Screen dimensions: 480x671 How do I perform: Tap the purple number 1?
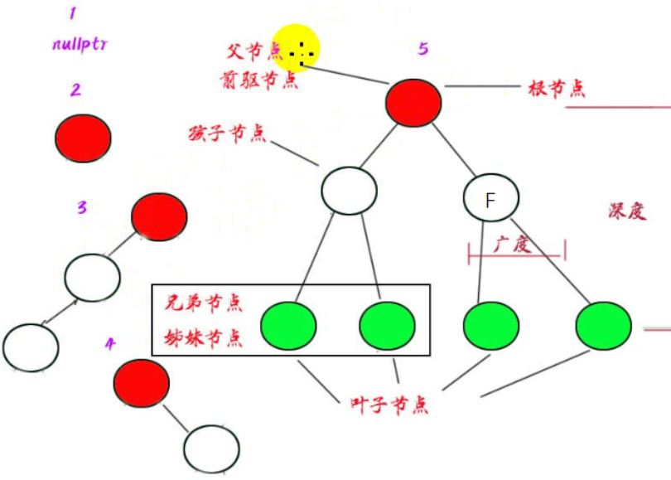[x=73, y=14]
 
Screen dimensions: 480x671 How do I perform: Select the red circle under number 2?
[x=83, y=138]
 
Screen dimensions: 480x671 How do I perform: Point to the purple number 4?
[x=110, y=343]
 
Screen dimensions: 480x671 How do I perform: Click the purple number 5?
[x=423, y=49]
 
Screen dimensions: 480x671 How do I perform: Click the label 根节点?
[x=556, y=88]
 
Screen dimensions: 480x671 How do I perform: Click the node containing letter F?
[x=490, y=199]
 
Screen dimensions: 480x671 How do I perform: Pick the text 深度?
[x=625, y=211]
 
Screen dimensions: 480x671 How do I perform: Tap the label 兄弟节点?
[x=203, y=302]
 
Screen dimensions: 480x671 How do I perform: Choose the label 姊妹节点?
[x=203, y=337]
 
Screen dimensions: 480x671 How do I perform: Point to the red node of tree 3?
[x=159, y=217]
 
